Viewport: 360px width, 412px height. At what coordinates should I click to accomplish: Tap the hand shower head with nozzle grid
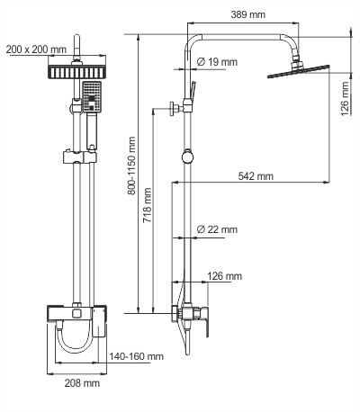point(90,97)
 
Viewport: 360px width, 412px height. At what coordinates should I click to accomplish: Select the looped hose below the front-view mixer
point(76,345)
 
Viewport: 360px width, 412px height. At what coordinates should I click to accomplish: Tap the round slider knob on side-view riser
point(185,157)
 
